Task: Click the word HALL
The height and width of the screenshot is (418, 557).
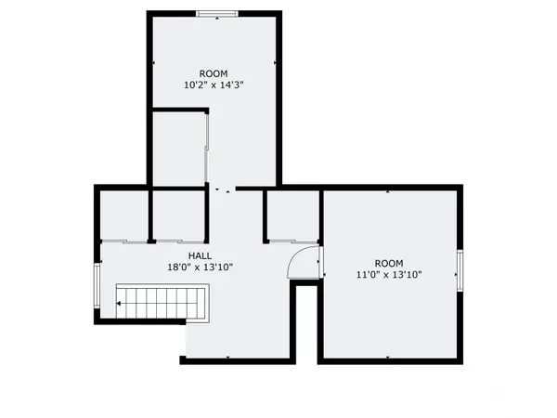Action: tap(200, 255)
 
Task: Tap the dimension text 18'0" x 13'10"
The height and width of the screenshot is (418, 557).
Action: tap(200, 268)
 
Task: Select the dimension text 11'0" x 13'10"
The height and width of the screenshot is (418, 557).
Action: tap(390, 275)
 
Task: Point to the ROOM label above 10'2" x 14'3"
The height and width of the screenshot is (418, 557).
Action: tap(214, 73)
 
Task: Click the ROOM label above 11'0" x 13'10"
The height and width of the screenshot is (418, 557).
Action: tap(390, 263)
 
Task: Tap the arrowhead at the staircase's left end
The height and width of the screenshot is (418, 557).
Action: tap(119, 302)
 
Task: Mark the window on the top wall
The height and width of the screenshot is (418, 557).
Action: tap(214, 13)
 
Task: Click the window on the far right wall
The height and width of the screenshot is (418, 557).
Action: tap(459, 269)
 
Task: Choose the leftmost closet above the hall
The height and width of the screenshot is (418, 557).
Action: tap(123, 215)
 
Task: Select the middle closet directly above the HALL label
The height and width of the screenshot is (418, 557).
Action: tap(178, 215)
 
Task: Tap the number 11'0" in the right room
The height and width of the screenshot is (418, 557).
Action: tap(369, 275)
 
